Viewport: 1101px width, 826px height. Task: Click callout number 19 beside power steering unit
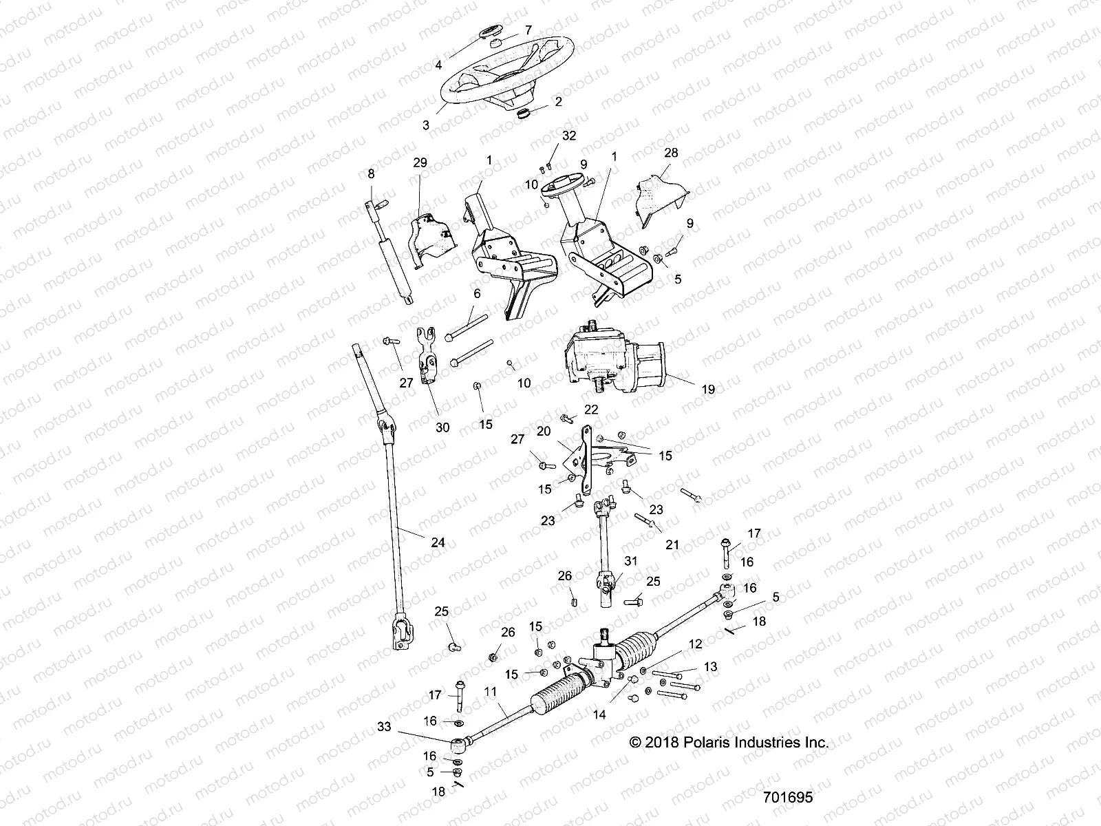click(x=707, y=390)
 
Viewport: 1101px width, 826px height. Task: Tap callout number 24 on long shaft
click(x=438, y=542)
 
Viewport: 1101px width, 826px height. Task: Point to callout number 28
click(x=670, y=153)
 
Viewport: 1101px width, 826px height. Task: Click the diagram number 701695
click(x=787, y=797)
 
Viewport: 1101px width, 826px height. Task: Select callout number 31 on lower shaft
click(x=632, y=561)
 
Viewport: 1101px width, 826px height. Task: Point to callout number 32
click(x=569, y=136)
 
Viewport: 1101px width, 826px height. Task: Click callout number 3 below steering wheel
click(x=426, y=125)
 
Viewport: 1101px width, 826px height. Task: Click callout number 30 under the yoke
click(x=442, y=427)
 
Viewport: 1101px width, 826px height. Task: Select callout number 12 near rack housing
click(x=696, y=644)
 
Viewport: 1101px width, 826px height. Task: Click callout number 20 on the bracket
click(x=544, y=431)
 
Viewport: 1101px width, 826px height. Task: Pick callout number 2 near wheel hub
click(x=558, y=101)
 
